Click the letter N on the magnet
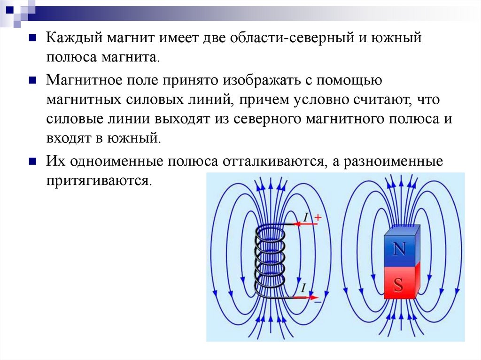(399, 249)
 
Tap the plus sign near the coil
(318, 217)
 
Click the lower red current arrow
(308, 297)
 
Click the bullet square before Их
(32, 161)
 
